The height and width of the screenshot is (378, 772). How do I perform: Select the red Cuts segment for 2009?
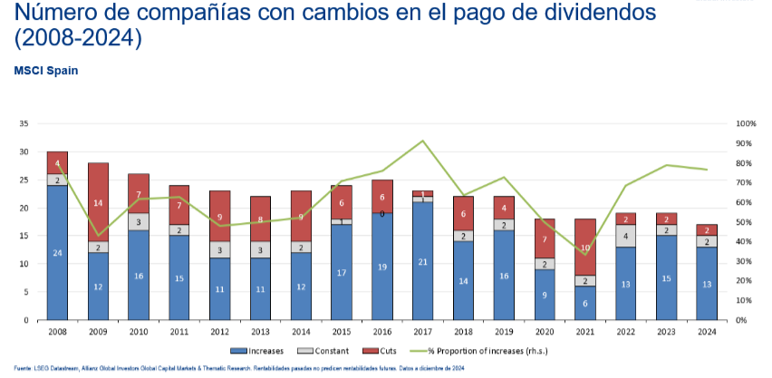pos(98,202)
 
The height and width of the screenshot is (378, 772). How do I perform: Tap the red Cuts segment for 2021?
pos(586,247)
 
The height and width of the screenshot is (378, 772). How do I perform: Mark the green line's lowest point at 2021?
pos(586,254)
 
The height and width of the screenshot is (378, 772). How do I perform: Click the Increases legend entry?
pos(257,350)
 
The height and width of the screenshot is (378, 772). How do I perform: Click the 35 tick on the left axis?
pos(24,123)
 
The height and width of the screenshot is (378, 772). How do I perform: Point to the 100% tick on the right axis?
pos(746,123)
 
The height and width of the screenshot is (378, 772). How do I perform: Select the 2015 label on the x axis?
pos(343,331)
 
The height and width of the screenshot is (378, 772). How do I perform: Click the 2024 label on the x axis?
pos(708,331)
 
